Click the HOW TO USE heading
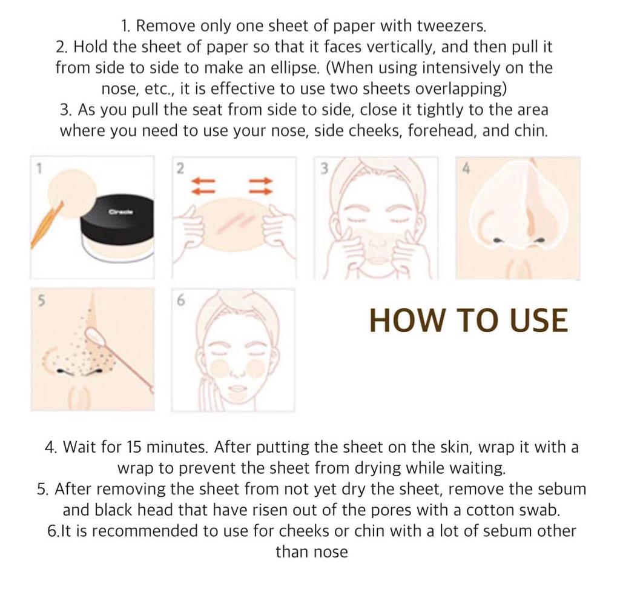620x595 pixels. [469, 320]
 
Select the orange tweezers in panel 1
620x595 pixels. [47, 225]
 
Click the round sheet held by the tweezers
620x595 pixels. [72, 194]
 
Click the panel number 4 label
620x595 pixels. [466, 169]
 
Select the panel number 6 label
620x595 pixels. [180, 301]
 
